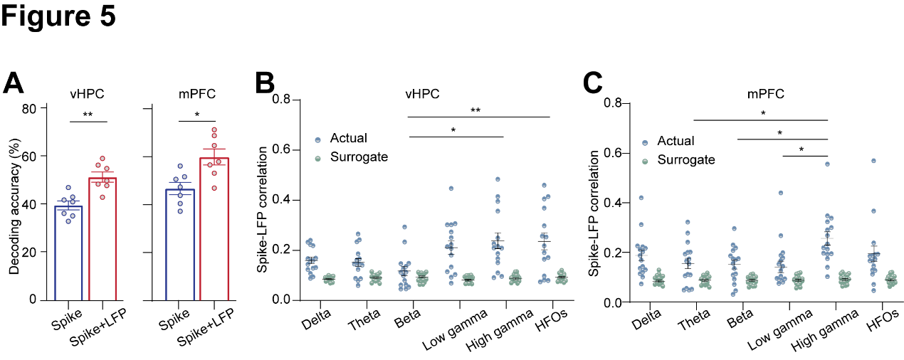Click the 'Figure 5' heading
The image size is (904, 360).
click(x=58, y=16)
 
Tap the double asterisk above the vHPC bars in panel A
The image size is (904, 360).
click(x=88, y=114)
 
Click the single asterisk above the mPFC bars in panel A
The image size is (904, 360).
click(x=196, y=114)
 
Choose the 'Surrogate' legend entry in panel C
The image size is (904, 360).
click(x=685, y=160)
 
